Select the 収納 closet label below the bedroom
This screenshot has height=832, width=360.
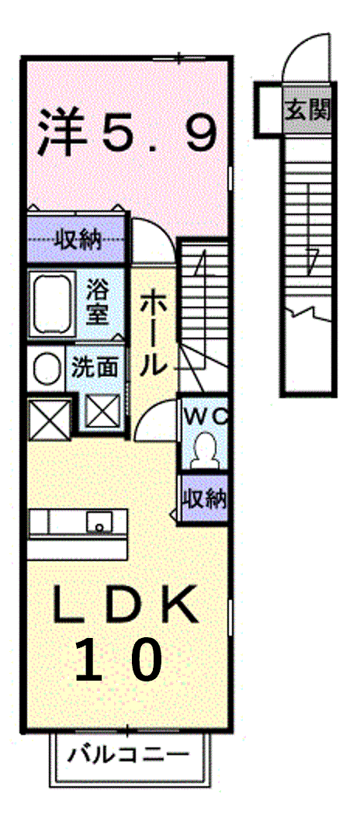[x=78, y=241]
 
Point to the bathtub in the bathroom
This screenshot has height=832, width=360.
[x=52, y=303]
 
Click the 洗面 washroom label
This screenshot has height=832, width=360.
[x=95, y=368]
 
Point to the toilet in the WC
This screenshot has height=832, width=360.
[x=205, y=450]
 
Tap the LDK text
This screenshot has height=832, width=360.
[x=125, y=605]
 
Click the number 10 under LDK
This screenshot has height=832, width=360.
[x=118, y=660]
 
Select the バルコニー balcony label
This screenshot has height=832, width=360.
[x=128, y=754]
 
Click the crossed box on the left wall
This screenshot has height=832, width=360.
[x=49, y=419]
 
